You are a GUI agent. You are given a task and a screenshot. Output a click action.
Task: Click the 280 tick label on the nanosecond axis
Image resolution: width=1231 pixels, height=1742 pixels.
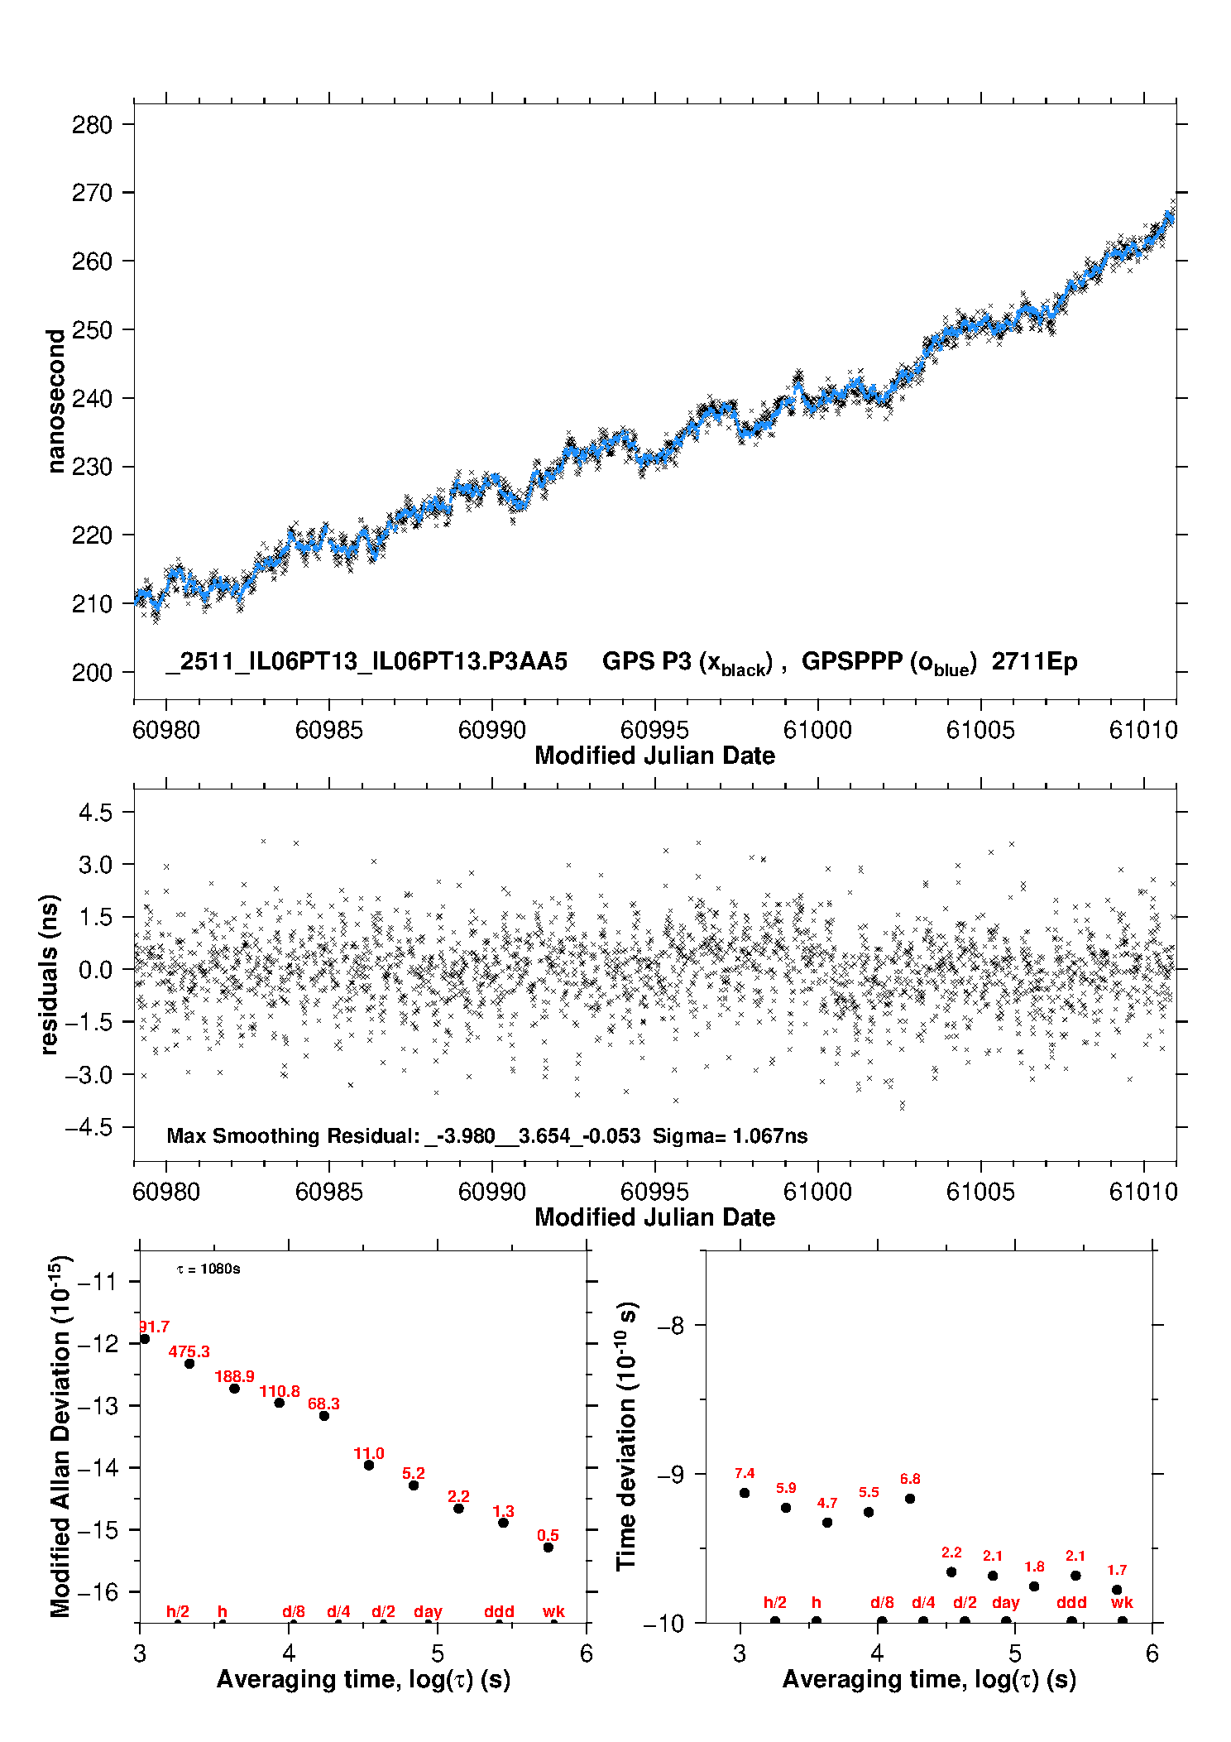tap(92, 125)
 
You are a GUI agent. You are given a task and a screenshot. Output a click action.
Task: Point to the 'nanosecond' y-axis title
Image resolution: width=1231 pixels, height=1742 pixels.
tap(56, 401)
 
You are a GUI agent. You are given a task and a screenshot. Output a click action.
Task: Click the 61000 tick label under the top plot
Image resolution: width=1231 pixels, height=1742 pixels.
tap(817, 730)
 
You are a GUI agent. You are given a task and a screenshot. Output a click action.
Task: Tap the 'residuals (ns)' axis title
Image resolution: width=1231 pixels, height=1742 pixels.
tap(50, 974)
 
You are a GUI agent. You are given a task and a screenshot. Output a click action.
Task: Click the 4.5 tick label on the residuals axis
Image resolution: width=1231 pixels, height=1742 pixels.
tap(95, 813)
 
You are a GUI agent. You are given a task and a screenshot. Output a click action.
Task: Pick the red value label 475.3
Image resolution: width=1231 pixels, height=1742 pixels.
tap(189, 1351)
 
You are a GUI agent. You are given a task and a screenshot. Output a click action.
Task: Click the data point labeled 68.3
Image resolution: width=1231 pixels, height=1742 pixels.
tap(324, 1416)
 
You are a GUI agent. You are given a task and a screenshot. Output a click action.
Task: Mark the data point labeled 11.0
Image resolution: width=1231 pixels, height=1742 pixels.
tap(369, 1465)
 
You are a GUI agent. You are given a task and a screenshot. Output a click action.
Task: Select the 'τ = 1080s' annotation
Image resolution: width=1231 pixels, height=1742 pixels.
tap(208, 1269)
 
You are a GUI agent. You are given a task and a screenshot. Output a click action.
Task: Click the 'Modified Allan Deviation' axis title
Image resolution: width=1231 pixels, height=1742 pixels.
tap(60, 1436)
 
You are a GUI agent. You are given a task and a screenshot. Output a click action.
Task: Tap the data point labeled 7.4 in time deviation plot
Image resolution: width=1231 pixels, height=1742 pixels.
tap(745, 1493)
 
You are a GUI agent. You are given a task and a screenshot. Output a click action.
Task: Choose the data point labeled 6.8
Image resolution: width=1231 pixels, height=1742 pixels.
tap(910, 1499)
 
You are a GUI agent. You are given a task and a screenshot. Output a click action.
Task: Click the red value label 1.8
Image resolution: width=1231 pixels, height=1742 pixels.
tap(1034, 1567)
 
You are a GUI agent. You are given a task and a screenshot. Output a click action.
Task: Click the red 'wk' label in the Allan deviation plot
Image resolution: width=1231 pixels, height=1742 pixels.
tap(553, 1611)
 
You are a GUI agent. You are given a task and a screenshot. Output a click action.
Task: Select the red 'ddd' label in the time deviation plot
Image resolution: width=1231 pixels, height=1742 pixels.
tap(1071, 1602)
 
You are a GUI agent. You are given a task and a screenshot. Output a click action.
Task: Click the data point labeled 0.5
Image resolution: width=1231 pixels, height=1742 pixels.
tap(548, 1548)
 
